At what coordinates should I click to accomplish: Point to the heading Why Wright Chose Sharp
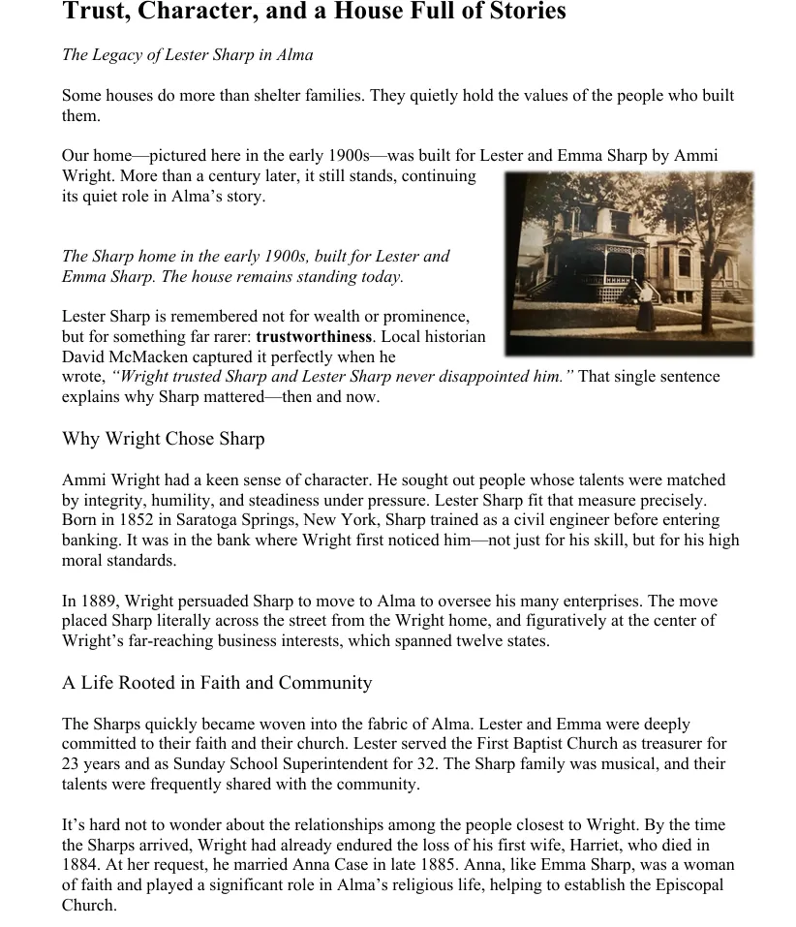click(163, 439)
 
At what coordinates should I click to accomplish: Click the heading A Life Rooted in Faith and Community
click(217, 683)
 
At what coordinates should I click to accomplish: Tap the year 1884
click(80, 866)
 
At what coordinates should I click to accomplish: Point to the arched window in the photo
click(685, 262)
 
